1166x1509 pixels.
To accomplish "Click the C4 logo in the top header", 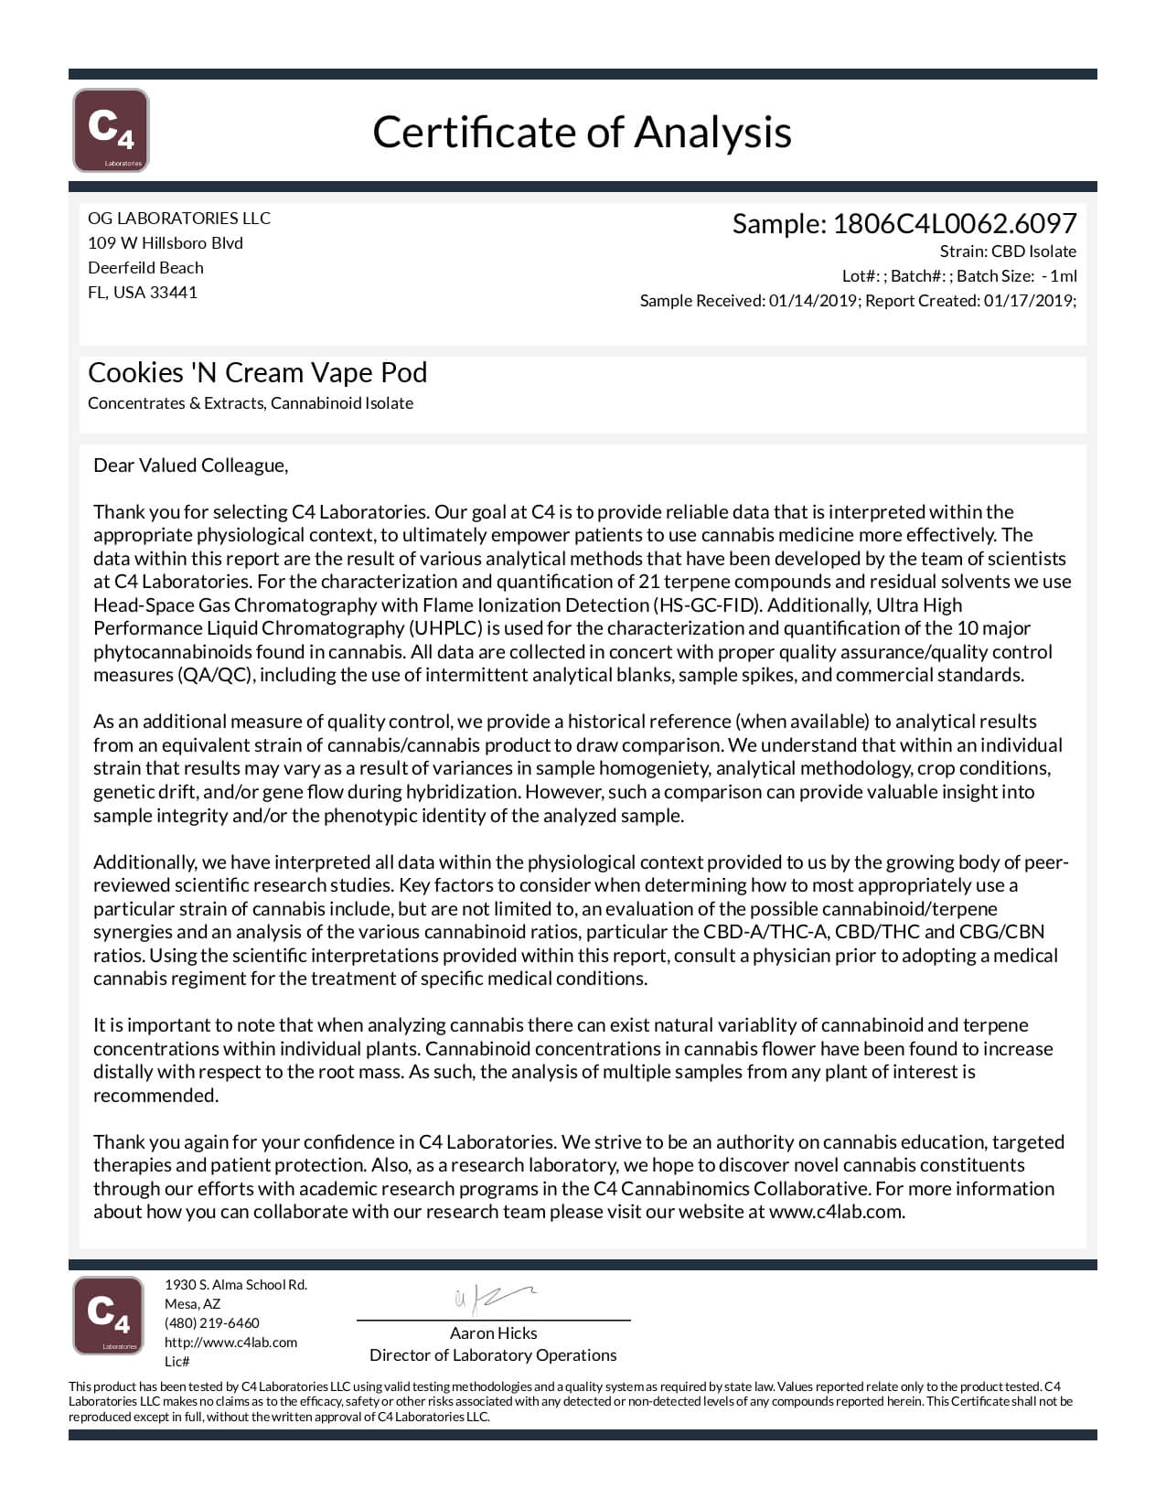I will [x=111, y=130].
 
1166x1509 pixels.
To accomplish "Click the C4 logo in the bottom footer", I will [x=108, y=1315].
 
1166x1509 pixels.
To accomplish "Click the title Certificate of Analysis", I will [x=582, y=132].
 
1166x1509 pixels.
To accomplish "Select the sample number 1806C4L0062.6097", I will [x=954, y=223].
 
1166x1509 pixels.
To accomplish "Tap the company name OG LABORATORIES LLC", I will [x=179, y=218].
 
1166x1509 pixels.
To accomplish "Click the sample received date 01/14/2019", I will [x=812, y=301].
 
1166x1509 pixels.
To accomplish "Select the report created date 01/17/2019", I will [x=1028, y=301].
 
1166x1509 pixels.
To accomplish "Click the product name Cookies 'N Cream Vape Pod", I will [x=258, y=372].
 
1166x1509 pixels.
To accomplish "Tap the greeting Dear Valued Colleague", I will [x=190, y=466].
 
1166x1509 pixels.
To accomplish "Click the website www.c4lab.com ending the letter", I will [x=836, y=1212].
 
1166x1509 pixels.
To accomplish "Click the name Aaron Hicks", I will [x=493, y=1333].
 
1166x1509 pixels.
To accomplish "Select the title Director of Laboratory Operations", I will [x=493, y=1355].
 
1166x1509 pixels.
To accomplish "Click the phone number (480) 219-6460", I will [x=212, y=1323].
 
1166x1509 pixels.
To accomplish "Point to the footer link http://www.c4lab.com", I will [x=231, y=1343].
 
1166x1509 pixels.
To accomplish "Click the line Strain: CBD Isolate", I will [x=1008, y=251].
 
